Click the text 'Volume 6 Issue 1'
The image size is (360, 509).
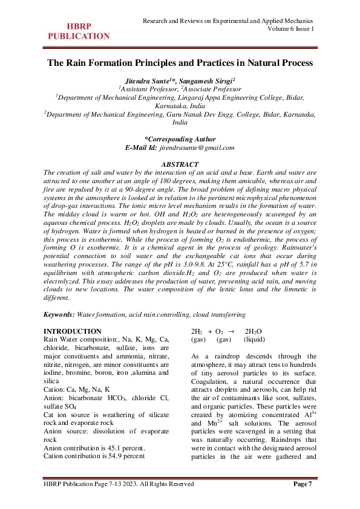coord(290,29)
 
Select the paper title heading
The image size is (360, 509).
coord(180,62)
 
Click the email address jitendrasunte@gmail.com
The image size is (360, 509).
coord(197,147)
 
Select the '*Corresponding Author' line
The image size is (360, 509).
coord(180,138)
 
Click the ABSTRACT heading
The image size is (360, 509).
coord(180,164)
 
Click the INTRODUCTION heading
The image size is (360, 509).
coord(73,331)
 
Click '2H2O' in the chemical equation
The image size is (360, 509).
coord(253,332)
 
